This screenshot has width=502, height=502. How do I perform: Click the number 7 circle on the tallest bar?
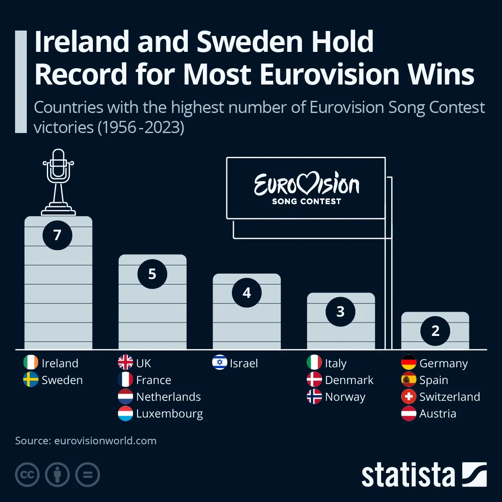[57, 235]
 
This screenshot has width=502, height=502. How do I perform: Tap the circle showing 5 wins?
[152, 274]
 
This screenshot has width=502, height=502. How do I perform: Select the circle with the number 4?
[246, 293]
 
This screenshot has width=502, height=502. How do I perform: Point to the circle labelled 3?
[341, 312]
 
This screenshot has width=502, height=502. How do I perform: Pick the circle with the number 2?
[435, 331]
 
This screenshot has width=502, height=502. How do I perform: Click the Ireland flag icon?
[31, 363]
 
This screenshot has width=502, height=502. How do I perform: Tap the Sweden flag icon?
[31, 379]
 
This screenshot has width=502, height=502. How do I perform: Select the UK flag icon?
[125, 363]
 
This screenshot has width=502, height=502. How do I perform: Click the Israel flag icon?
[220, 363]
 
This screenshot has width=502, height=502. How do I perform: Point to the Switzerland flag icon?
[409, 396]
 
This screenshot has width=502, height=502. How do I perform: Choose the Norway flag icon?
[314, 396]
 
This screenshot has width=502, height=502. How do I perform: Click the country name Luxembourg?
[169, 414]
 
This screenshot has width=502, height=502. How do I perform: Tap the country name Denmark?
[349, 380]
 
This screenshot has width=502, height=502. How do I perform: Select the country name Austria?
[438, 413]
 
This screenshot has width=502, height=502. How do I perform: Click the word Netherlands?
[168, 397]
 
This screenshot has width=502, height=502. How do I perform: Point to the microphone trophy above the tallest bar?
[58, 182]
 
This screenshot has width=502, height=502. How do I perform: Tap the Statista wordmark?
[408, 475]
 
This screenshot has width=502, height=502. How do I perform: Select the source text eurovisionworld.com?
[105, 441]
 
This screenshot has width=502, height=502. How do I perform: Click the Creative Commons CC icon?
[27, 475]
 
